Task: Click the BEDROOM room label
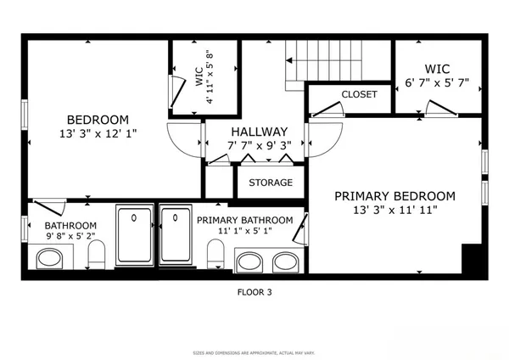pyautogui.click(x=98, y=119)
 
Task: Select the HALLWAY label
pyautogui.click(x=258, y=132)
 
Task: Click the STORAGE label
pyautogui.click(x=270, y=183)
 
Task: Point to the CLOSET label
pyautogui.click(x=359, y=94)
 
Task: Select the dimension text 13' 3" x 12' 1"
pyautogui.click(x=98, y=133)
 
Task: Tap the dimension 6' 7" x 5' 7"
pyautogui.click(x=435, y=82)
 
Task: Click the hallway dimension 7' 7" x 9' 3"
pyautogui.click(x=258, y=145)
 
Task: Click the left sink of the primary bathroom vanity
pyautogui.click(x=249, y=262)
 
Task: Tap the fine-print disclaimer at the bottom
pyautogui.click(x=254, y=351)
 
